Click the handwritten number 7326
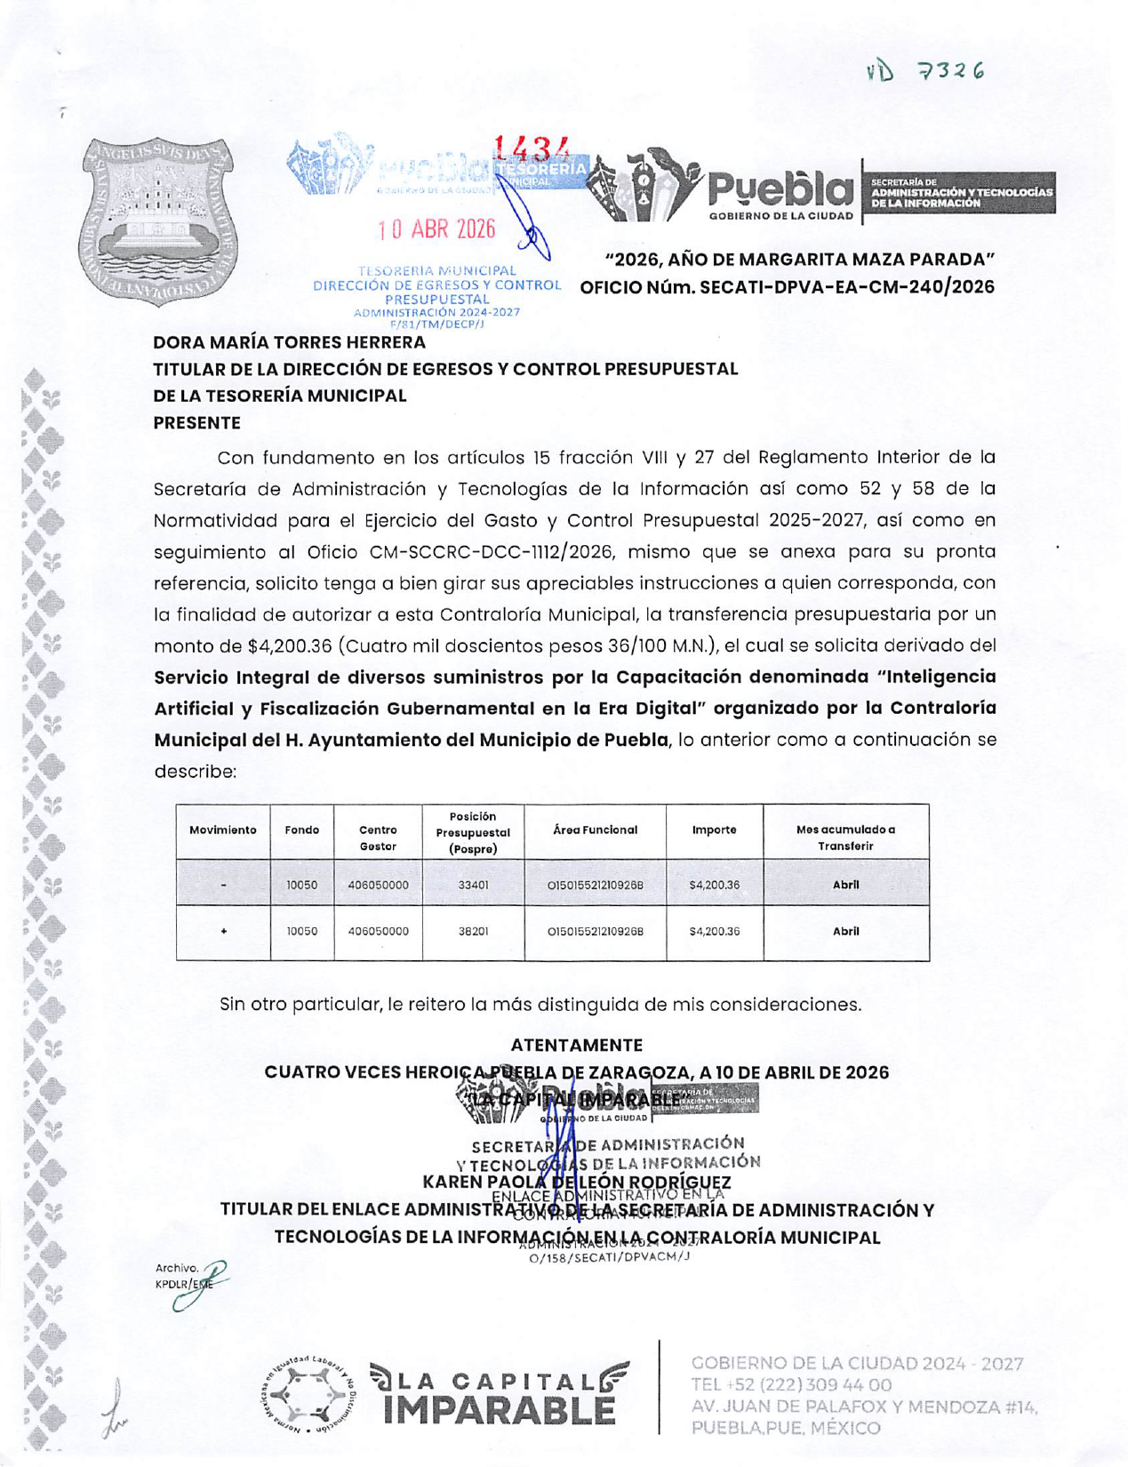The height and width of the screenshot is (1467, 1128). pos(951,71)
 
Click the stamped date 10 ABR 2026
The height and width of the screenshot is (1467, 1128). pos(436,229)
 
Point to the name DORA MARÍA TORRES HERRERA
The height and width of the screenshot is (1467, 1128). pos(289,342)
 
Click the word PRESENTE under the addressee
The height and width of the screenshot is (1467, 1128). pos(196,423)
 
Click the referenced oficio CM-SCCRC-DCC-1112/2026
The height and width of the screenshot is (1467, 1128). pos(492,552)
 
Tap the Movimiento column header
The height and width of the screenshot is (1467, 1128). pos(223,830)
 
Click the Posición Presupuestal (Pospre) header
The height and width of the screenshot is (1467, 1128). pos(473,832)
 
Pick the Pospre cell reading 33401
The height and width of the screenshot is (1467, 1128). pos(473,886)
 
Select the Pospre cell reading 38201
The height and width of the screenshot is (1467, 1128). pos(473,932)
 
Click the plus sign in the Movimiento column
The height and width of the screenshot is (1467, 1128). pos(223,932)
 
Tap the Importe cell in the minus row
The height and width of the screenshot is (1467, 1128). pos(714,886)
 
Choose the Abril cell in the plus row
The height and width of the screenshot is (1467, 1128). pos(845,932)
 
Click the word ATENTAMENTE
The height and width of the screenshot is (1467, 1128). pos(576,1046)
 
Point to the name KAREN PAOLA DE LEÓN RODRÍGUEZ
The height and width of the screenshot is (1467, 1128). pos(576,1182)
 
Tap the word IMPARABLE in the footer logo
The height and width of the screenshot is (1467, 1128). pos(500,1411)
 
